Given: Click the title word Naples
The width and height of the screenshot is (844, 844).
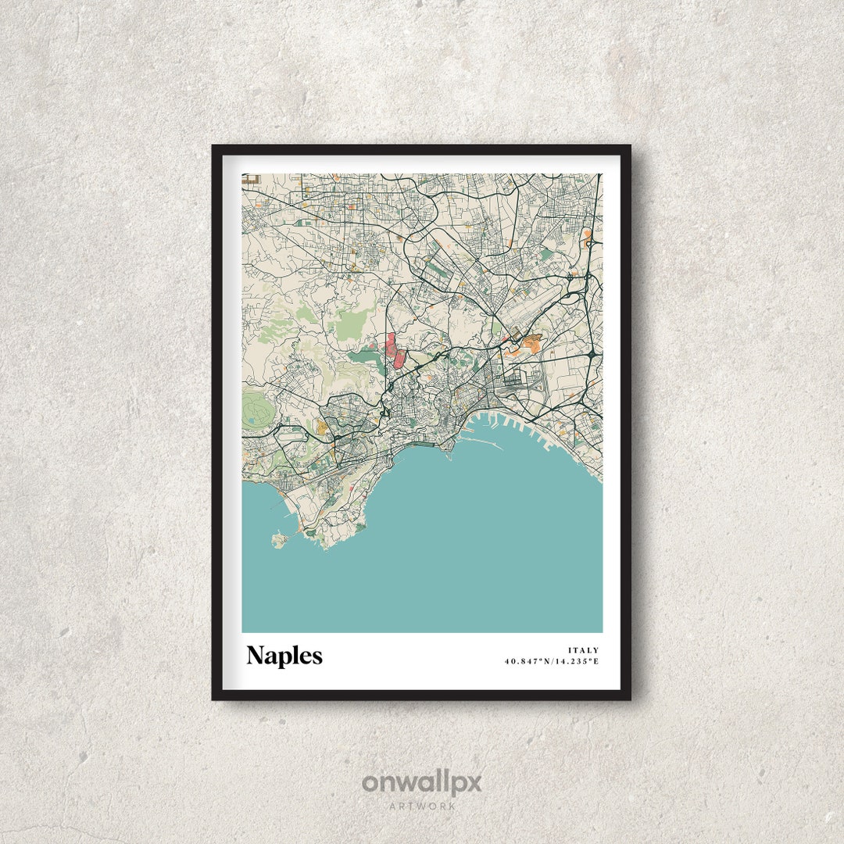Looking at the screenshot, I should point(284,656).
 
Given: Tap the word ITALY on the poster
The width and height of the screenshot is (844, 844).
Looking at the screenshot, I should point(584,650).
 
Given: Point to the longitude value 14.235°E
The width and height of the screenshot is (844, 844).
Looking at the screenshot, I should point(578,662).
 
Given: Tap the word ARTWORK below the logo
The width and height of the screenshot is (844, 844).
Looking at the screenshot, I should point(422,806).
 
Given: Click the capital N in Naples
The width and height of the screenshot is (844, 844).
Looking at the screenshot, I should point(255,656).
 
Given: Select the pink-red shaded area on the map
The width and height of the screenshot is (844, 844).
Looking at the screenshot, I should point(395,352).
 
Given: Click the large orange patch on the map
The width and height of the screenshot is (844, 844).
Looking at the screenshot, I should point(531,343).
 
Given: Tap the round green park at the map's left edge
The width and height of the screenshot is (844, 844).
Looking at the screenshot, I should point(255,409).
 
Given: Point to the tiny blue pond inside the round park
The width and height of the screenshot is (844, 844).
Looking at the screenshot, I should point(252,422).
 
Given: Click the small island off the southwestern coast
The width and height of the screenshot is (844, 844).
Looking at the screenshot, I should point(277,538).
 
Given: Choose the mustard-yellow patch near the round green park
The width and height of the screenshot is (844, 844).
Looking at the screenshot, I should point(321,427).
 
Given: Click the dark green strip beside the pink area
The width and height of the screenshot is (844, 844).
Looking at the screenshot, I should point(364,356).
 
